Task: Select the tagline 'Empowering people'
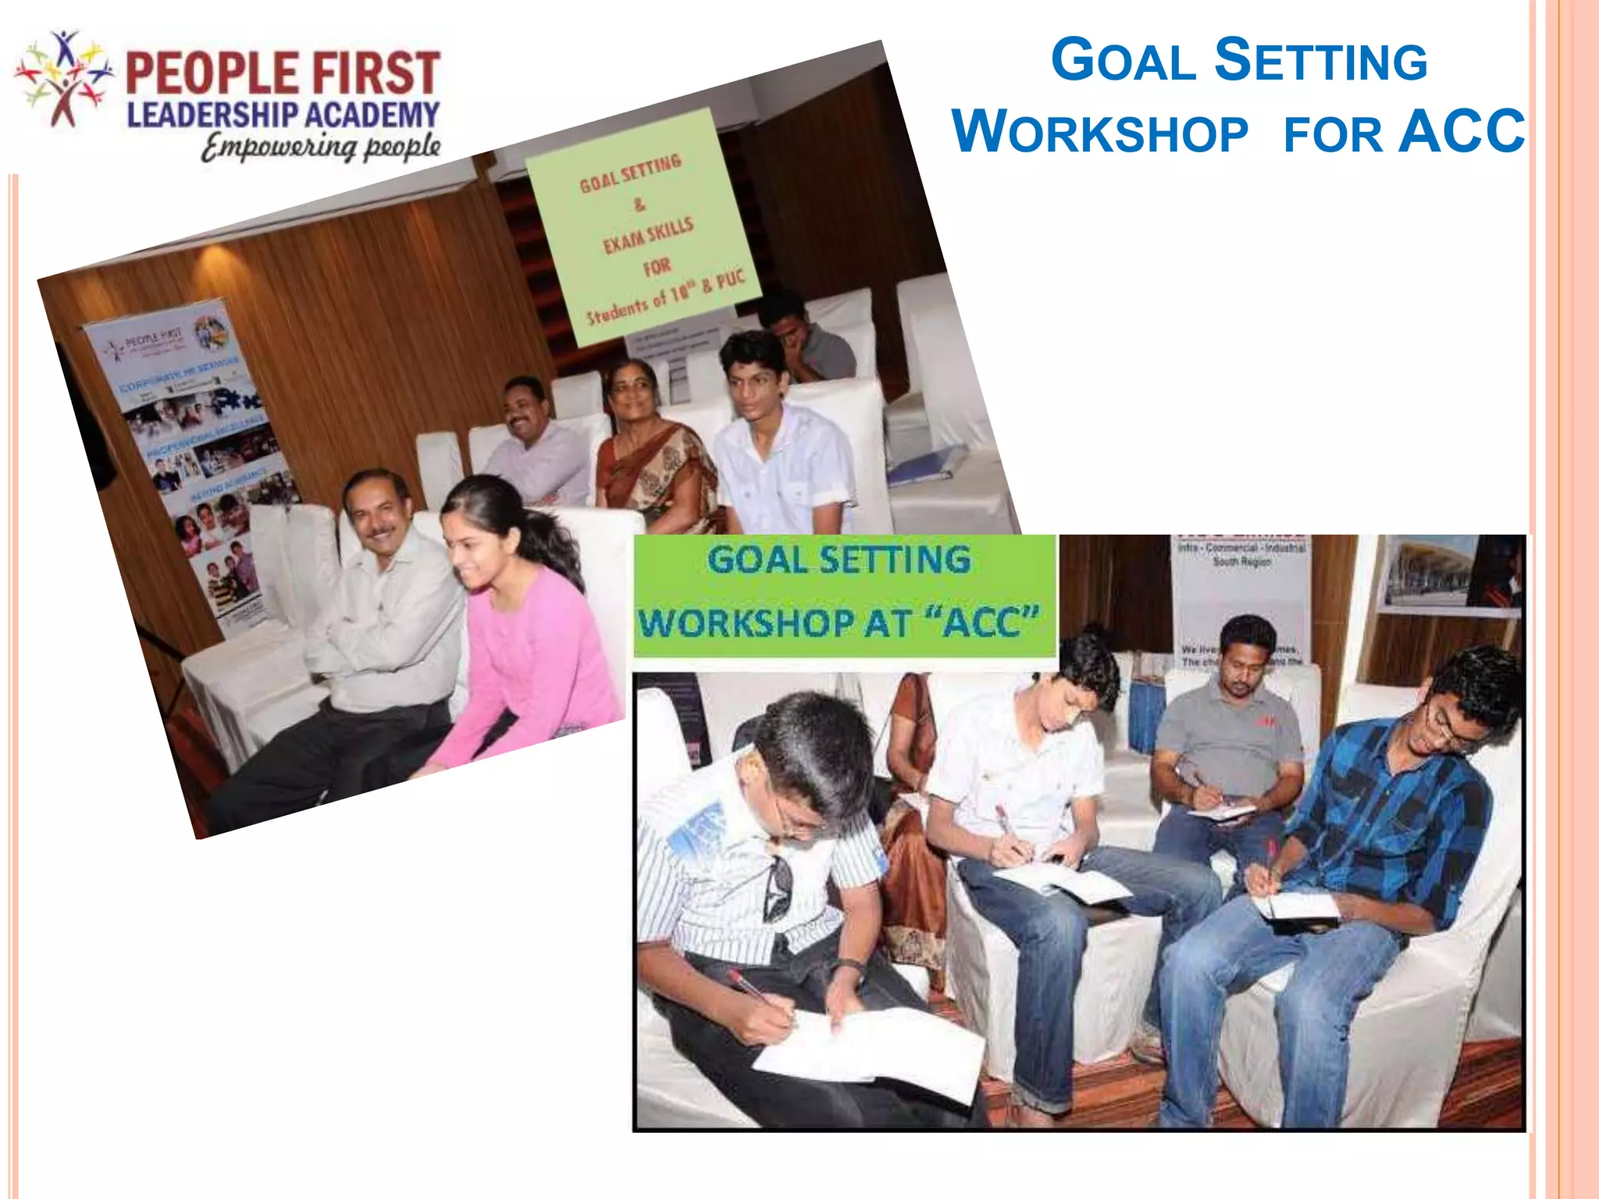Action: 320,147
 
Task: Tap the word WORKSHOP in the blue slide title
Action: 1101,133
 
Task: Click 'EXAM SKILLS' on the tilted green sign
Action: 648,235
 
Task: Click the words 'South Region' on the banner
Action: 1241,561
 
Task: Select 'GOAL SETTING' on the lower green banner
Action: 839,560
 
